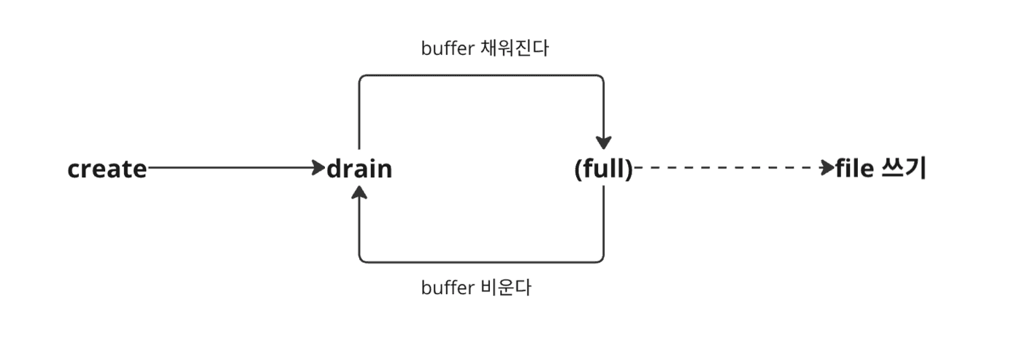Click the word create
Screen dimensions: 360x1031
point(107,169)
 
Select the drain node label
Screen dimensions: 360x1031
point(359,169)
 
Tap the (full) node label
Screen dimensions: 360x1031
point(603,169)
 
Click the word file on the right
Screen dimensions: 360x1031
point(855,169)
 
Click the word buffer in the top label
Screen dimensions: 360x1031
point(445,49)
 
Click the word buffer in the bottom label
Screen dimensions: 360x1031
point(445,288)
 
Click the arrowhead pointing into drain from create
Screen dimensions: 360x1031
point(318,169)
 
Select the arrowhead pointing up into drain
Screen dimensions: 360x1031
point(359,194)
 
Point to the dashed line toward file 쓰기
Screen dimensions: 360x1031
point(730,169)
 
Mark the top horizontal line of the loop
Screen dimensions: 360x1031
point(482,75)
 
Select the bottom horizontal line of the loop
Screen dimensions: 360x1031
point(482,261)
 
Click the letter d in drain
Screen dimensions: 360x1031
point(335,169)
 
